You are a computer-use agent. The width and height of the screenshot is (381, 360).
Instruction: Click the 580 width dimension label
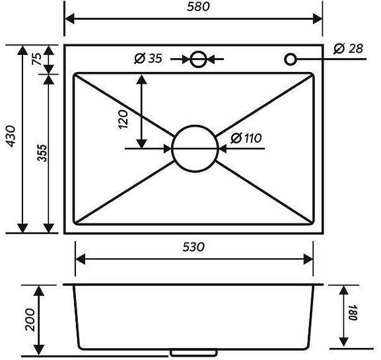(193, 8)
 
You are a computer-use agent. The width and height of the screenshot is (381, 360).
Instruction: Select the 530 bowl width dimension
(193, 247)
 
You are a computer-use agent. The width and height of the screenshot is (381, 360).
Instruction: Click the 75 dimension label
(37, 59)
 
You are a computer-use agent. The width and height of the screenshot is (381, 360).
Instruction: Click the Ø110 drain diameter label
(247, 138)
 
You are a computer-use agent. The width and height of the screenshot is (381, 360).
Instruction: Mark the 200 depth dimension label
(27, 319)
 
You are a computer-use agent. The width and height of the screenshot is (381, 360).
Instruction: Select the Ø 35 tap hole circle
(197, 59)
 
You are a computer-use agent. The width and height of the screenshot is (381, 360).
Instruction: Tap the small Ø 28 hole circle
(291, 59)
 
